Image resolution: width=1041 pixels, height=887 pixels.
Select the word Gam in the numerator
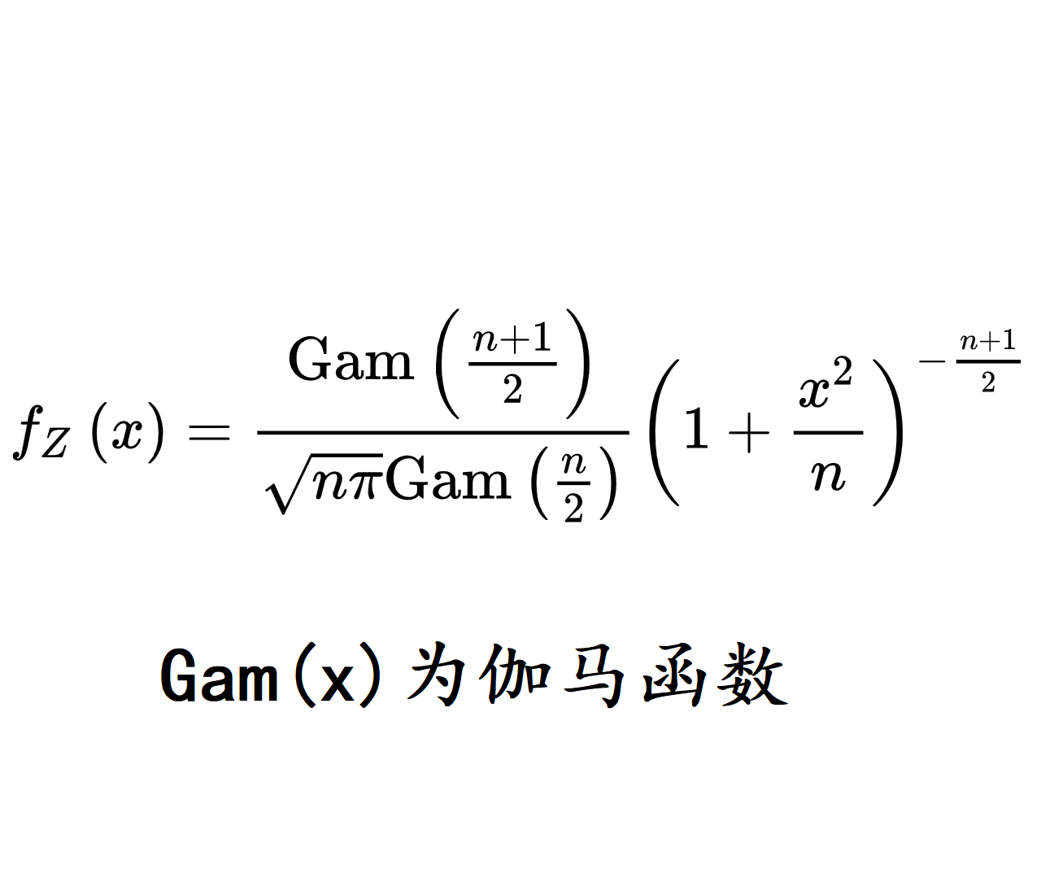[351, 358]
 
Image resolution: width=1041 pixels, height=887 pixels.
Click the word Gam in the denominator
[449, 478]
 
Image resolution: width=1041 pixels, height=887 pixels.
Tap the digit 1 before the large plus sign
[696, 428]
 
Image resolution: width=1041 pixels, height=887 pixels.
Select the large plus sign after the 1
[748, 432]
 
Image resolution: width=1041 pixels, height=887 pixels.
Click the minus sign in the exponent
[933, 360]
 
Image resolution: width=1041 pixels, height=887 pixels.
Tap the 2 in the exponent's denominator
[988, 382]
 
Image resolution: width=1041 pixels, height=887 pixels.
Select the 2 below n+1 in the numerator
[512, 390]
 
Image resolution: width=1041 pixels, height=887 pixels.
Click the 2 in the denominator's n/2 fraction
[573, 508]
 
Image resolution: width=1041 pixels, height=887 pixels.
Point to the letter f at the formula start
[28, 432]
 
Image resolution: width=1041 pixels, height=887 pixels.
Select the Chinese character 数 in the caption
[752, 675]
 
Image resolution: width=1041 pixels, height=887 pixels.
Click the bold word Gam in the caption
[219, 675]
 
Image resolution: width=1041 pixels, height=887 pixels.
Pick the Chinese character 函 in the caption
[673, 675]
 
